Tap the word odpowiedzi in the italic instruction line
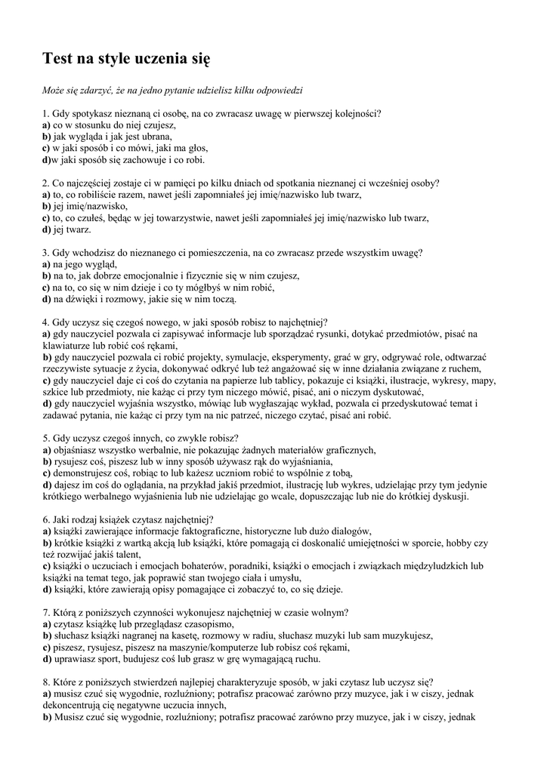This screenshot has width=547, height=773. coord(277,91)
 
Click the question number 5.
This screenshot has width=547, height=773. coord(45,438)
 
